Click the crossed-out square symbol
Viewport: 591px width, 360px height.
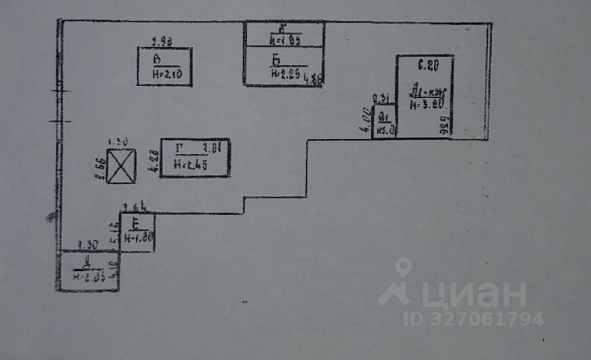click(x=121, y=166)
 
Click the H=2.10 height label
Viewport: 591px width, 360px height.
click(x=166, y=73)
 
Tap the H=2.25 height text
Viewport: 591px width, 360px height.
click(x=285, y=73)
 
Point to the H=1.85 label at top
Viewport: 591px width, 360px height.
click(x=285, y=41)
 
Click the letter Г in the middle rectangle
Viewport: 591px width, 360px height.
click(x=179, y=148)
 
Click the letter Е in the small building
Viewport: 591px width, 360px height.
click(x=137, y=224)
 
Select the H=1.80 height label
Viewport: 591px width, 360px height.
click(x=138, y=238)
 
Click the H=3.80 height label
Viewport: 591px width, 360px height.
click(x=427, y=105)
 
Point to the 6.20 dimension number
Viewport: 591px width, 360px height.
click(x=427, y=66)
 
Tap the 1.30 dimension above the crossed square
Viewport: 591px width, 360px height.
click(x=118, y=141)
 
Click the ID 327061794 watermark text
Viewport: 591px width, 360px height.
click(x=474, y=319)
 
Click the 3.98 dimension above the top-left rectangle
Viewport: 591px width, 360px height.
click(x=162, y=41)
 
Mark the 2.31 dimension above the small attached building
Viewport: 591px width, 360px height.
click(x=380, y=99)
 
